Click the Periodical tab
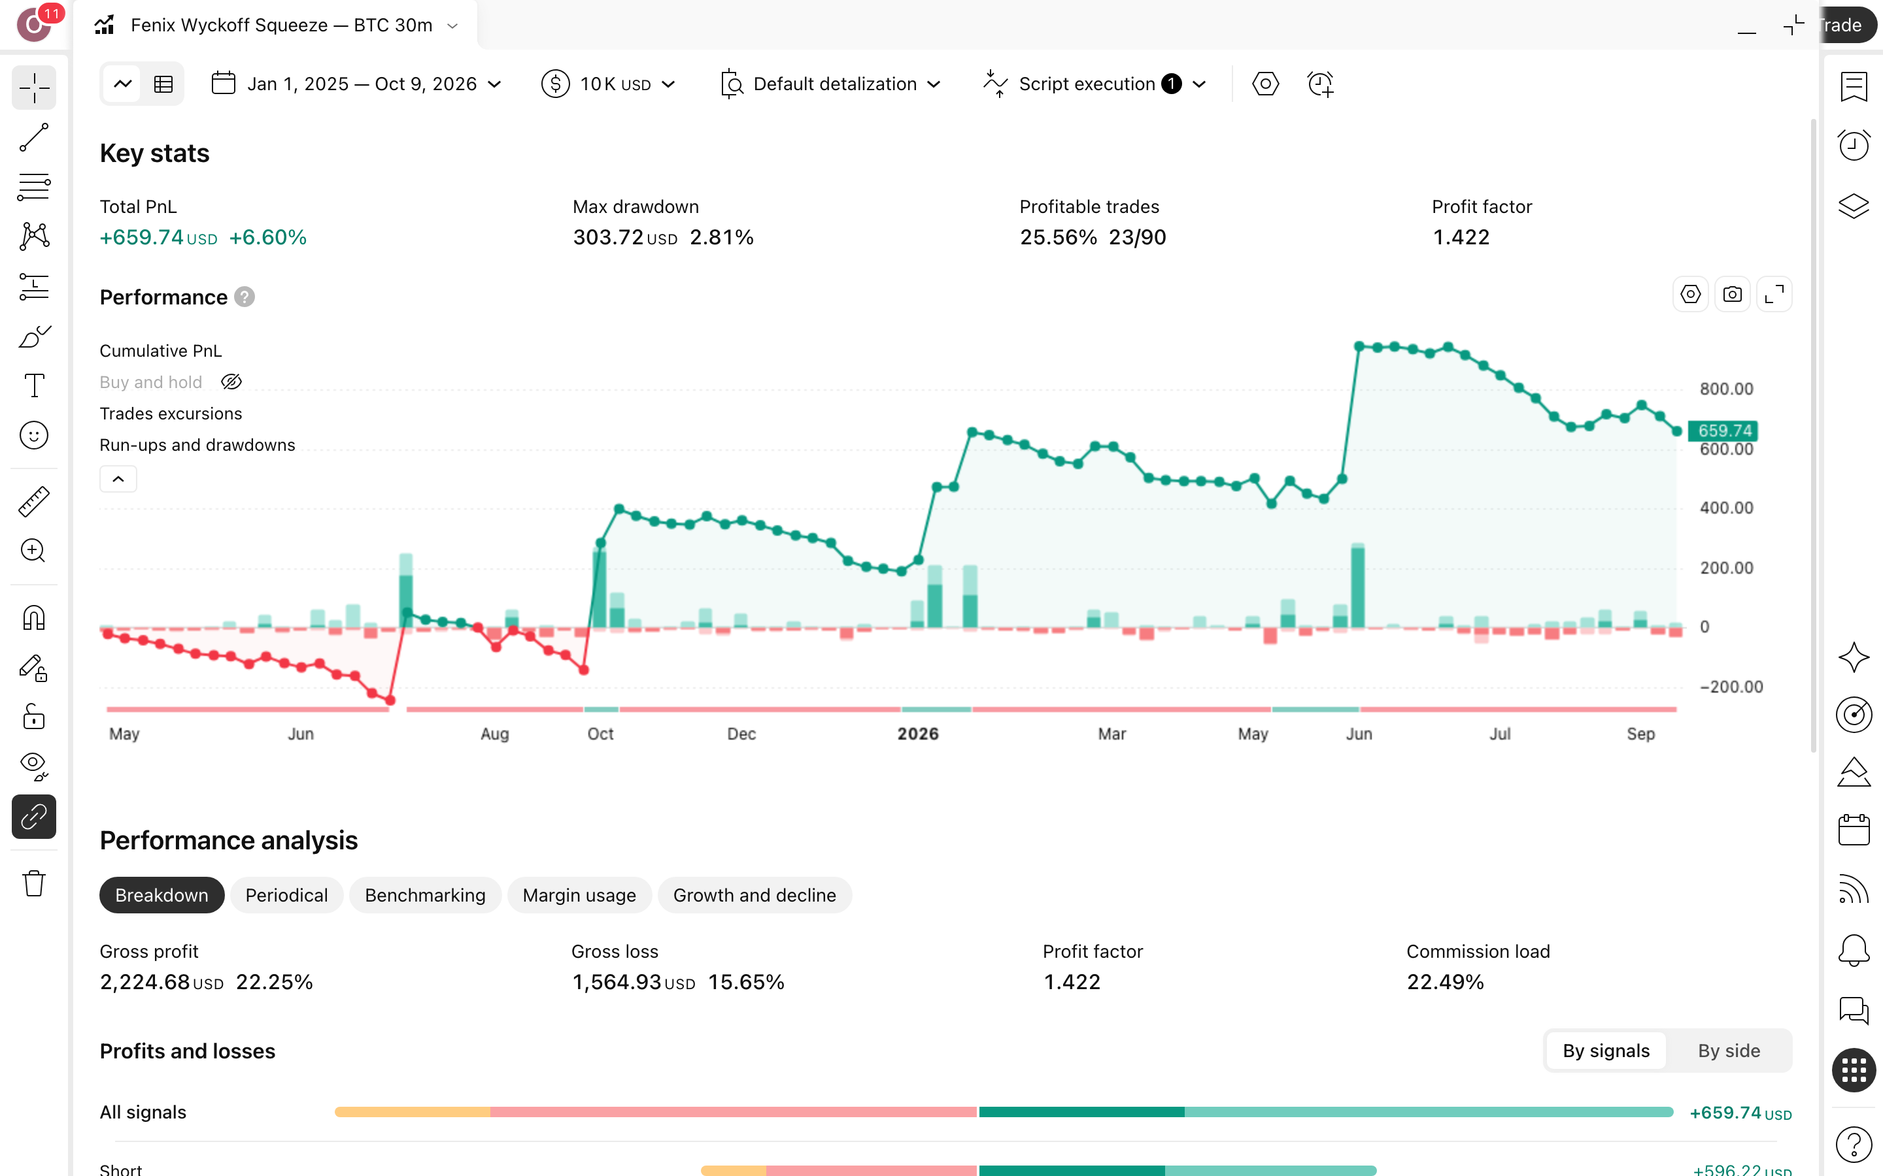pos(286,895)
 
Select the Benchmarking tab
pos(425,895)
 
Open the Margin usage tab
pos(579,895)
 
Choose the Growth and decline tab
pos(754,895)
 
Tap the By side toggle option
pos(1728,1051)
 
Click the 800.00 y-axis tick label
pos(1726,389)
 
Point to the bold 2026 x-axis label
pos(918,734)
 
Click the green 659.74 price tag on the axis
pos(1723,430)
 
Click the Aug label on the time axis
pos(495,734)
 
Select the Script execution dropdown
pos(1094,84)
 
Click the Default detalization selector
pos(831,84)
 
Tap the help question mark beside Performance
pos(245,297)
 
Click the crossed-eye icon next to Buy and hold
pos(231,382)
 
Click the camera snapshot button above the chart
pos(1732,295)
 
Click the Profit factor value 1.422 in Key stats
pos(1461,237)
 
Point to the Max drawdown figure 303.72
pos(607,237)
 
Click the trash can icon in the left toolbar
pos(34,883)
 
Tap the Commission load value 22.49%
pos(1445,983)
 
